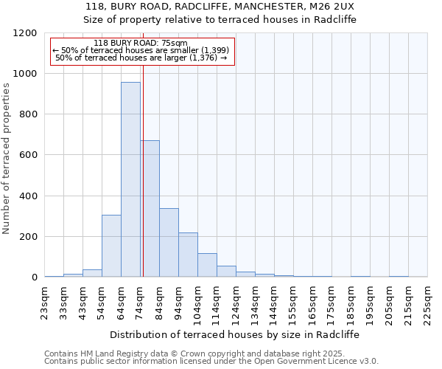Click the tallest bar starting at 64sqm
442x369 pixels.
[x=130, y=179]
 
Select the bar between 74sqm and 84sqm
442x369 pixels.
[x=150, y=209]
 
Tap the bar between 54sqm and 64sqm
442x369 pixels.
[x=111, y=246]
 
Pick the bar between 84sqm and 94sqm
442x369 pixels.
[x=169, y=243]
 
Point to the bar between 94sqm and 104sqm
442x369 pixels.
[x=188, y=255]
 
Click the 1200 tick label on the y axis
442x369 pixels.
[x=26, y=33]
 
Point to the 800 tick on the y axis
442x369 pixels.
[x=29, y=114]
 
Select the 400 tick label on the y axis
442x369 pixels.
[x=29, y=196]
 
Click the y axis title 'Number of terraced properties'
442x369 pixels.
[x=7, y=159]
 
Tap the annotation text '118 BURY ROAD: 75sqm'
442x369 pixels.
[x=141, y=43]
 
